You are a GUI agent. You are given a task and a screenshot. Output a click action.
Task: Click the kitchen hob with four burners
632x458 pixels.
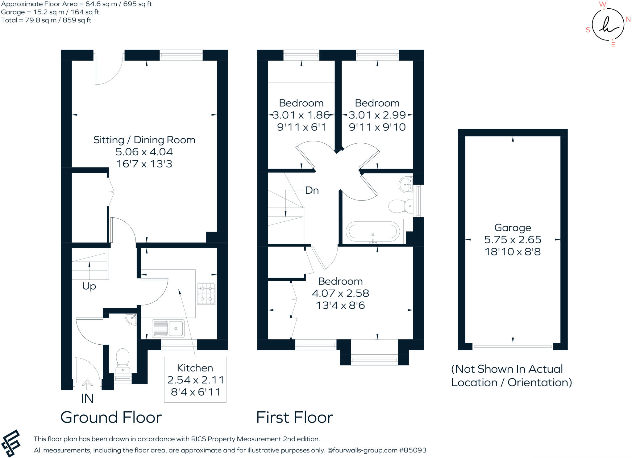click(206, 294)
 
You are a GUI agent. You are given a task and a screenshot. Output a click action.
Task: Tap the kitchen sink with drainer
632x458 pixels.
click(168, 328)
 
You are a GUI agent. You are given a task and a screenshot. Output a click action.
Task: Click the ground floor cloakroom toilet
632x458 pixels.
click(123, 360)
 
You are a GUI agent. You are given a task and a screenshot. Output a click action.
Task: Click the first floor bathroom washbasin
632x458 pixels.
click(406, 184)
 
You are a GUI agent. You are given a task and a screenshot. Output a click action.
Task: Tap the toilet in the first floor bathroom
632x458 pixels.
click(400, 206)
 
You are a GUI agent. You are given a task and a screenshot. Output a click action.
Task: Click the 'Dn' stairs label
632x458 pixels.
click(312, 190)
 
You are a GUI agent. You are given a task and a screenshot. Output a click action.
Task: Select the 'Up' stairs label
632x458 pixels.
click(89, 286)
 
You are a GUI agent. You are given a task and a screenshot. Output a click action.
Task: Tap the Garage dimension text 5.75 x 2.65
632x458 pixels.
click(513, 240)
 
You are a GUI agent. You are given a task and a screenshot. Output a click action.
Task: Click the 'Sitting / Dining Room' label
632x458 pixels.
click(144, 140)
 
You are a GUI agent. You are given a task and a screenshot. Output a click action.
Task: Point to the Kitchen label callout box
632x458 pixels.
click(195, 380)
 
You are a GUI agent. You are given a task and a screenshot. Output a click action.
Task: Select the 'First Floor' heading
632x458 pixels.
click(294, 418)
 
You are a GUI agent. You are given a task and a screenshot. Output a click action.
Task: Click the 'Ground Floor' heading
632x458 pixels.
click(111, 418)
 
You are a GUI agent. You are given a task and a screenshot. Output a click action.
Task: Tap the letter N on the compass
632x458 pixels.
click(628, 19)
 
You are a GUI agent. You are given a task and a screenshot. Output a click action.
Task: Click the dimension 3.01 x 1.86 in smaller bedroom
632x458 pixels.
click(301, 115)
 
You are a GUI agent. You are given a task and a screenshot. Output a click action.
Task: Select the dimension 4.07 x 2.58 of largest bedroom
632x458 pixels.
click(340, 293)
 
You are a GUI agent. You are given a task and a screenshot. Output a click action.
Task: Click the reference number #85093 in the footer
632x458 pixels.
click(413, 450)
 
